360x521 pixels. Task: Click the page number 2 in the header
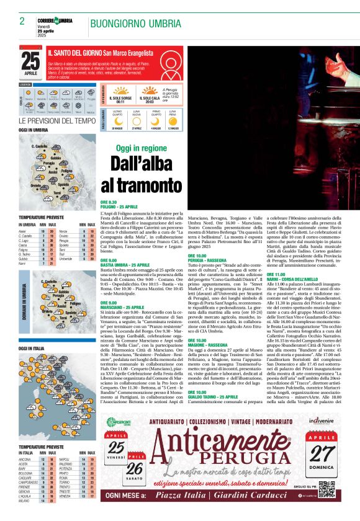coord(22,21)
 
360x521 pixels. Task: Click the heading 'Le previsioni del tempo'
coord(57,121)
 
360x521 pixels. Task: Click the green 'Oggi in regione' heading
coord(142,149)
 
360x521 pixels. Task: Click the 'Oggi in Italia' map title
coord(32,349)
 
